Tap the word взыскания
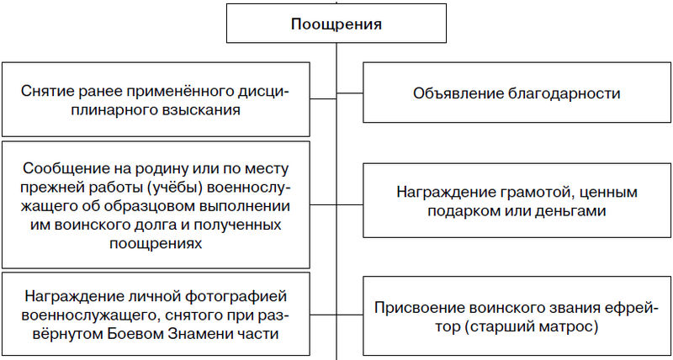pyautogui.click(x=205, y=110)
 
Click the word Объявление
pyautogui.click(x=453, y=93)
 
